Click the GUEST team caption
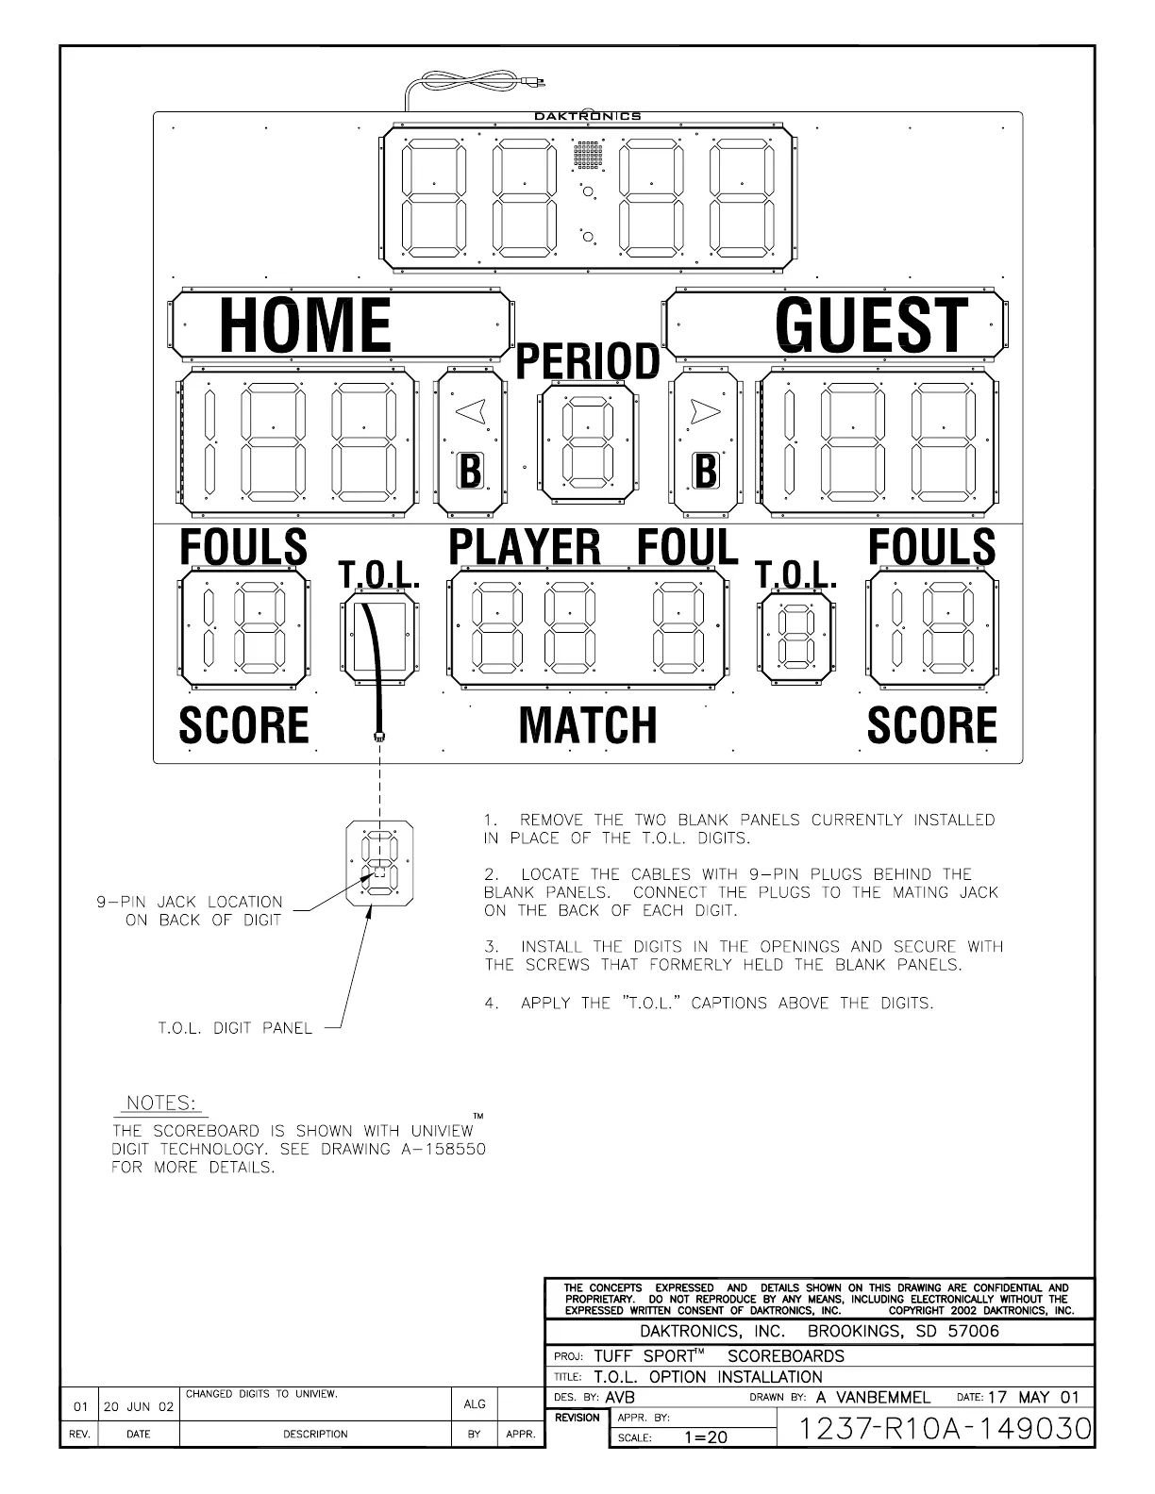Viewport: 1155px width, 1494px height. (871, 325)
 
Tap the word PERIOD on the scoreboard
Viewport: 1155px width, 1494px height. (587, 361)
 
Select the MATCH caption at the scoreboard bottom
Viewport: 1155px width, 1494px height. (587, 724)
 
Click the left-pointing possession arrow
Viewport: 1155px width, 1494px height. (471, 410)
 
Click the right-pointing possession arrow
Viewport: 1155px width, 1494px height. (704, 410)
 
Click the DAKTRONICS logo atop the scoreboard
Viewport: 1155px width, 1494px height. (587, 116)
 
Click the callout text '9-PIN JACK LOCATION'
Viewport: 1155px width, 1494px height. (190, 902)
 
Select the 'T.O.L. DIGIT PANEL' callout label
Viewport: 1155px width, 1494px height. (234, 1028)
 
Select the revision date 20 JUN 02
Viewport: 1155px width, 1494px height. (139, 1406)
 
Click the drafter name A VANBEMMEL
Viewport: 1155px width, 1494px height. (873, 1397)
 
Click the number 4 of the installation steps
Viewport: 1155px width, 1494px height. (491, 1003)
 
